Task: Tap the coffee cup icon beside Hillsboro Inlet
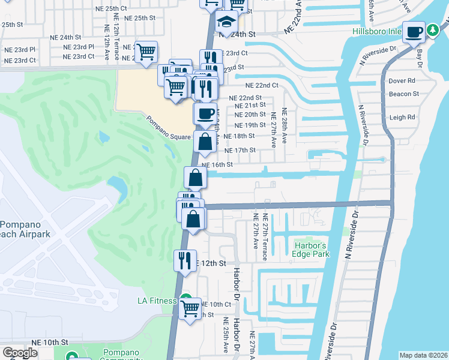pyautogui.click(x=414, y=32)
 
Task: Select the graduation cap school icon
pyautogui.click(x=227, y=23)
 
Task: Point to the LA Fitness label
pyautogui.click(x=157, y=301)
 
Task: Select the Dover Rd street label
pyautogui.click(x=402, y=80)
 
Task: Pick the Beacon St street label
pyautogui.click(x=404, y=94)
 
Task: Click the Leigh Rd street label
pyautogui.click(x=402, y=118)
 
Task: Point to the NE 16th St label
pyautogui.click(x=217, y=164)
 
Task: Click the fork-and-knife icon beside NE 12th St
pyautogui.click(x=184, y=260)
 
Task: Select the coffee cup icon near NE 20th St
pyautogui.click(x=205, y=113)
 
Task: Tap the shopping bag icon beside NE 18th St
pyautogui.click(x=205, y=142)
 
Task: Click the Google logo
pyautogui.click(x=20, y=353)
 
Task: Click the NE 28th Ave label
pyautogui.click(x=285, y=126)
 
